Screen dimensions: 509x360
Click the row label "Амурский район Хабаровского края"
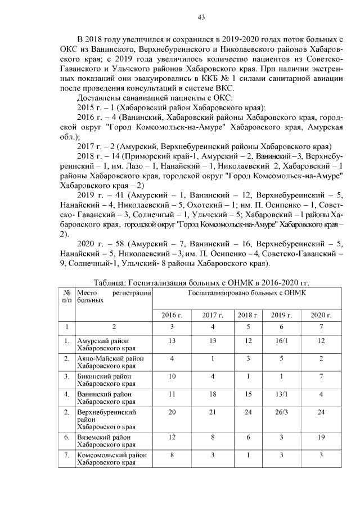coord(106,344)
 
